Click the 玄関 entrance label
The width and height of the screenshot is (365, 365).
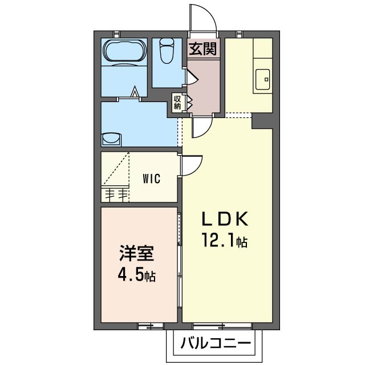coord(203,49)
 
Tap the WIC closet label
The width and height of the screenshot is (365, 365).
coord(152,179)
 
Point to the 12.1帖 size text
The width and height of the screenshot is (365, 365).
coord(224,241)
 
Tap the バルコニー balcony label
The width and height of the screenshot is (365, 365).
coord(216,343)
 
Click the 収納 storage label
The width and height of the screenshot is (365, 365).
coord(177,103)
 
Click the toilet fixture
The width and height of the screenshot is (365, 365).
coord(168,51)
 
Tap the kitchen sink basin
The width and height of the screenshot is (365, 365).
coord(263,79)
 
